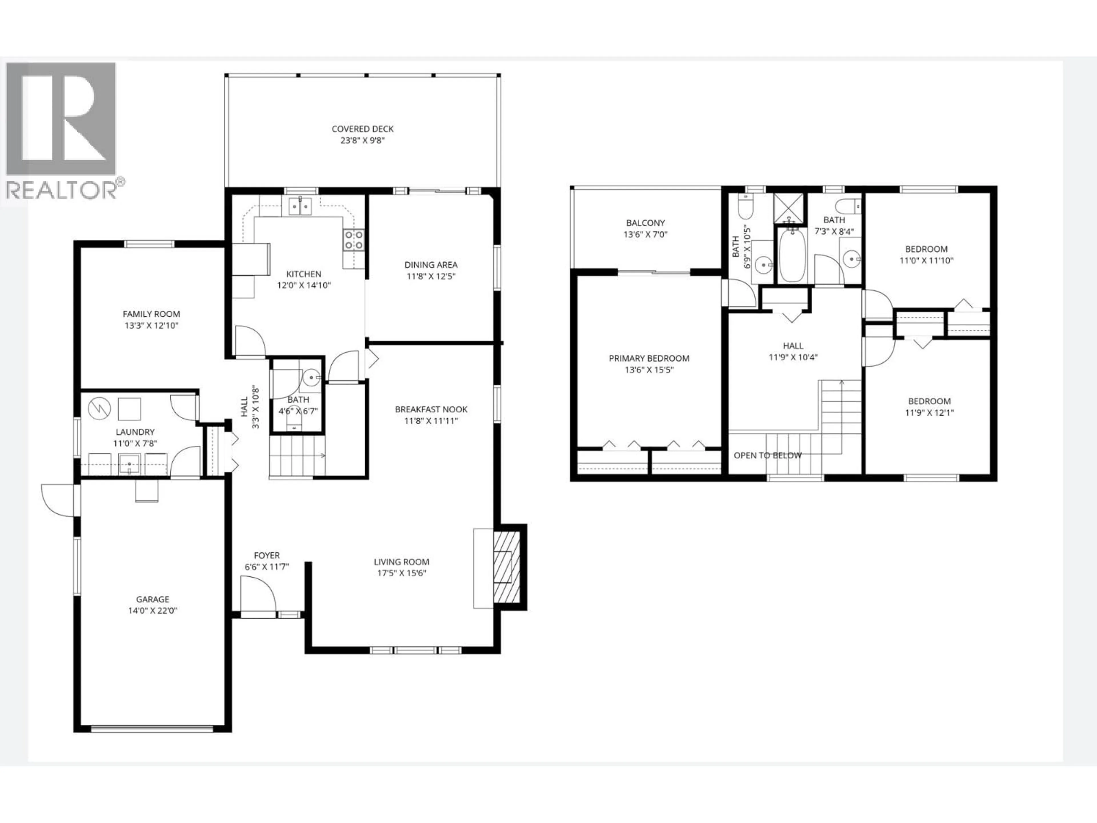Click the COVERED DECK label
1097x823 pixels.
(363, 129)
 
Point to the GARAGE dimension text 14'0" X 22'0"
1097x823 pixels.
(153, 611)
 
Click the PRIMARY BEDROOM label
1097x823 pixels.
(649, 358)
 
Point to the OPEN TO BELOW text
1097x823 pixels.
(767, 456)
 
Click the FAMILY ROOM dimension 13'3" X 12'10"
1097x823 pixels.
(151, 325)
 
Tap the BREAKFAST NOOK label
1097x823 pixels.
(431, 409)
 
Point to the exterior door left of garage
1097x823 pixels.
(59, 500)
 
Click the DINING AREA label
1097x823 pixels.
(431, 265)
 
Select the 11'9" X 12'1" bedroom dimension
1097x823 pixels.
(929, 413)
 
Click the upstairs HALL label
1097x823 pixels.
(793, 346)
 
